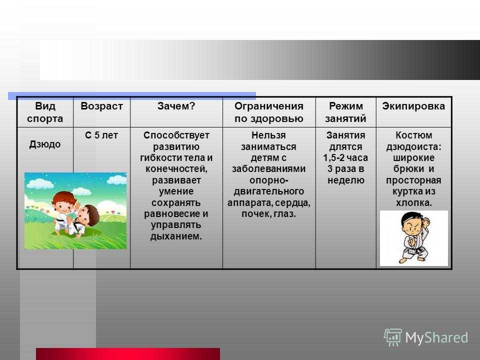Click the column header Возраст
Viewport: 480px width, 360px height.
101,106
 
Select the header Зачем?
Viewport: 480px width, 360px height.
176,106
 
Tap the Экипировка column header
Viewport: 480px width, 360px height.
413,106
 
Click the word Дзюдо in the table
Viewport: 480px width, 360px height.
45,144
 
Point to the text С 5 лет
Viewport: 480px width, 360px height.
101,135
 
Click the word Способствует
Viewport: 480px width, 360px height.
176,135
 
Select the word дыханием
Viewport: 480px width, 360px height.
176,236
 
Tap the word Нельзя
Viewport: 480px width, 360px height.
269,135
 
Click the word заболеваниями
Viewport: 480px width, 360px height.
269,168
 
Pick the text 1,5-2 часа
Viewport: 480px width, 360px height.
345,157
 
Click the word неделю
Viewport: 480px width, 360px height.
346,180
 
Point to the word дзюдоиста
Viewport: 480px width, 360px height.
414,147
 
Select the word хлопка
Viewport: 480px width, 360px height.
414,202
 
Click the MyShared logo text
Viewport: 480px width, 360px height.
436,338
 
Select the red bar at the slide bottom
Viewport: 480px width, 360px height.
128,354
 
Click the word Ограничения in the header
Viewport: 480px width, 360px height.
269,106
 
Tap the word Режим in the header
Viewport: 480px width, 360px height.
346,106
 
